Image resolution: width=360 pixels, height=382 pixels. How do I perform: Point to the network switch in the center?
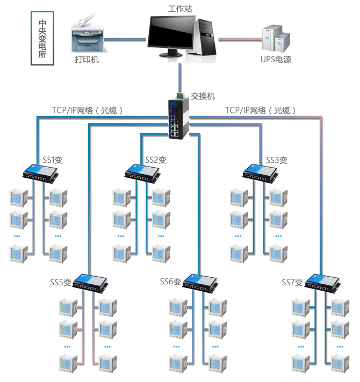pos(177,117)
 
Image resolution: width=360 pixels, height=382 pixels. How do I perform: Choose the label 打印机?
pos(87,60)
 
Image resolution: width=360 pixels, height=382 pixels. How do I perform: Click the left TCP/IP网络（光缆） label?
pos(88,110)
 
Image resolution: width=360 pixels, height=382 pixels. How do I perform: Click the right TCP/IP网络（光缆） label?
pos(261,110)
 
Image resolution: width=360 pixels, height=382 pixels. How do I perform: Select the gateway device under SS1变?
pos(41,172)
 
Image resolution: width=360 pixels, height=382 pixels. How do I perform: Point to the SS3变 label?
pos(277,160)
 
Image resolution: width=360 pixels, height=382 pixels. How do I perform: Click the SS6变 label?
pos(171,282)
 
